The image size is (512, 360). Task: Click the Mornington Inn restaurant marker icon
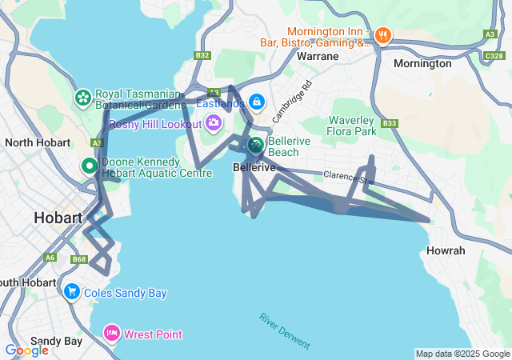[x=383, y=34]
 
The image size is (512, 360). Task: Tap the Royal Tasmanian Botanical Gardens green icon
[x=82, y=98]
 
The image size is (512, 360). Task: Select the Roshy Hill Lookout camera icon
[x=214, y=122]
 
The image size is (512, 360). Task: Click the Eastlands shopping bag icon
[x=257, y=102]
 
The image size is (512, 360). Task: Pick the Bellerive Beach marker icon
[x=255, y=145]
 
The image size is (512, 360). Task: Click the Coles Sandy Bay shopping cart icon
[x=72, y=292]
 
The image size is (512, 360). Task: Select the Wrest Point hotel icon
[x=112, y=334]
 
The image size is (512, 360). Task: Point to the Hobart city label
[x=58, y=218]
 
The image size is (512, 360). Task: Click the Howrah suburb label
[x=446, y=250]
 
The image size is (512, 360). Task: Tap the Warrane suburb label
[x=318, y=57]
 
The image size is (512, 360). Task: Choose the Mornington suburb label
[x=422, y=63]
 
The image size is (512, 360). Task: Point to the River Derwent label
[x=284, y=330]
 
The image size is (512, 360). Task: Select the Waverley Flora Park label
[x=352, y=126]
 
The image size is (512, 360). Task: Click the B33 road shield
[x=390, y=123]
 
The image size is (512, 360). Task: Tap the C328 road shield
[x=494, y=56]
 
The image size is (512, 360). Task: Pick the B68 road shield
[x=78, y=259]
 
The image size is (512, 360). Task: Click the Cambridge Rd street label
[x=290, y=101]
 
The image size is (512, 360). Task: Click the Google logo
[x=26, y=350]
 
